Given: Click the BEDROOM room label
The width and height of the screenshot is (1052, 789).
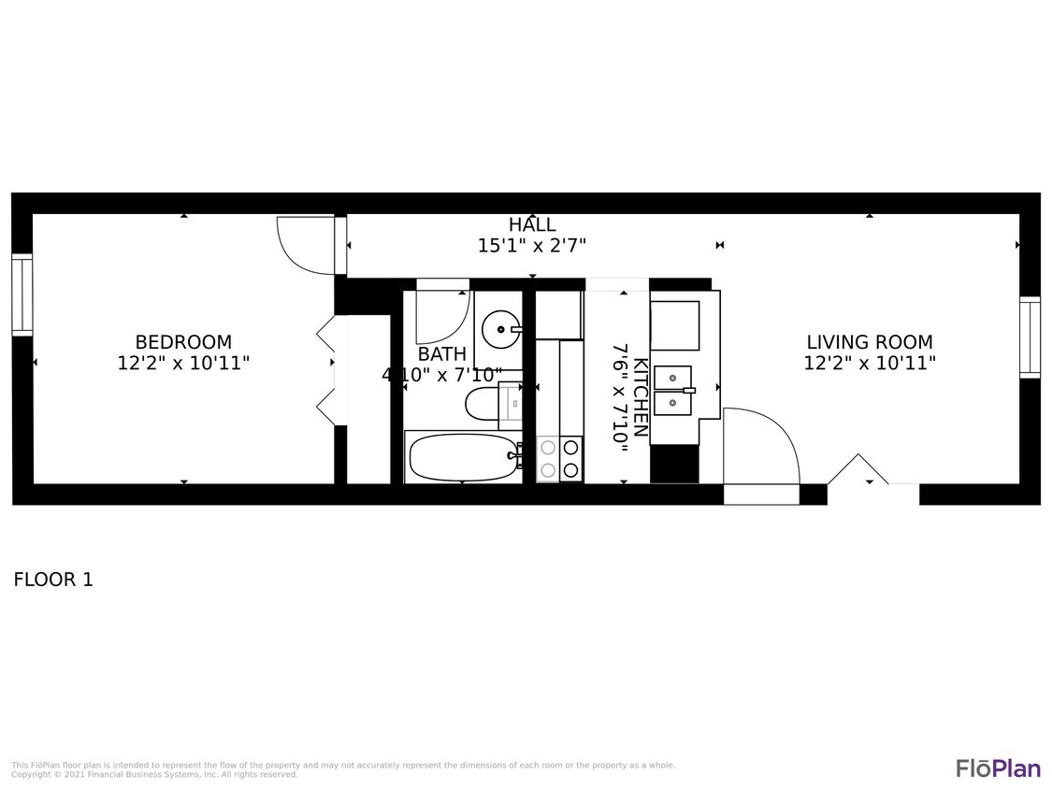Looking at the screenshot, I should [x=183, y=342].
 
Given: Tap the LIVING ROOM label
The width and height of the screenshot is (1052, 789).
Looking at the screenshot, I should [x=870, y=342].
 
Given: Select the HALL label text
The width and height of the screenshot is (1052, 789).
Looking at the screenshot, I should [x=532, y=224].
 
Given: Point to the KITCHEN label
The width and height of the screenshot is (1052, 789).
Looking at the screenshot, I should [x=641, y=397].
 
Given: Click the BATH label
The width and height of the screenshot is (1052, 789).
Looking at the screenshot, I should [x=441, y=354].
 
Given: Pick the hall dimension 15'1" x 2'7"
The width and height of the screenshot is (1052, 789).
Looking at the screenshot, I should [x=532, y=246].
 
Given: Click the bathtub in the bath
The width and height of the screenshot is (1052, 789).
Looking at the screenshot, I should [x=463, y=457].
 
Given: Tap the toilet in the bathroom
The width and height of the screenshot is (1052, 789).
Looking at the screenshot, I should [x=488, y=406].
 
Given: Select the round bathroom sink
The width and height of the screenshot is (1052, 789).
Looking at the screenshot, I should [x=501, y=329].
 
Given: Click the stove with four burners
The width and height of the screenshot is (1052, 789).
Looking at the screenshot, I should [x=559, y=459].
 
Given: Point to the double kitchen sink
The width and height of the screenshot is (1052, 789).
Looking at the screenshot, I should [x=672, y=390].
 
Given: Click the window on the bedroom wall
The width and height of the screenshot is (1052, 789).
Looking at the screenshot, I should [x=22, y=294].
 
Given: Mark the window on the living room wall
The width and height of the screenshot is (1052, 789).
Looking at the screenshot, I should [x=1030, y=337].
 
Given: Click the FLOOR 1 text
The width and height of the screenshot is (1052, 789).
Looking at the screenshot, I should [x=53, y=580].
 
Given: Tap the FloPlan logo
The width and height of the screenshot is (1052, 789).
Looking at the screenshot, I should [x=998, y=768].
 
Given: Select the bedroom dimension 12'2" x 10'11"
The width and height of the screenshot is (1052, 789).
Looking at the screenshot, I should [x=183, y=364].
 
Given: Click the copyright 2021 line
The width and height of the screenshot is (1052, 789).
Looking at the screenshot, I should [x=154, y=775].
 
